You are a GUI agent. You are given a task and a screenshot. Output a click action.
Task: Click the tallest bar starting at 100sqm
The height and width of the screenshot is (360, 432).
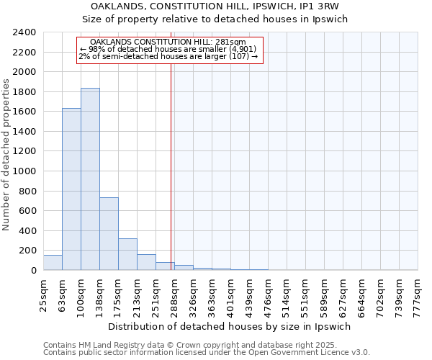point(90,179)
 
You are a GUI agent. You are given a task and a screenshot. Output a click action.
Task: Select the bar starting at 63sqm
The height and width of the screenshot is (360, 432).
point(71,189)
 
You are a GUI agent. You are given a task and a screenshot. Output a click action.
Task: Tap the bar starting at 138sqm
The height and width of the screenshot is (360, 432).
point(109,234)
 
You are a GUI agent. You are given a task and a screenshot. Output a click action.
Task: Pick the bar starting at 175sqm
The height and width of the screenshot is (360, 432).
point(127,254)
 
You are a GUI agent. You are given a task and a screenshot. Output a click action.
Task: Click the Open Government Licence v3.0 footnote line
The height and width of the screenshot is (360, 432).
point(207,353)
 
